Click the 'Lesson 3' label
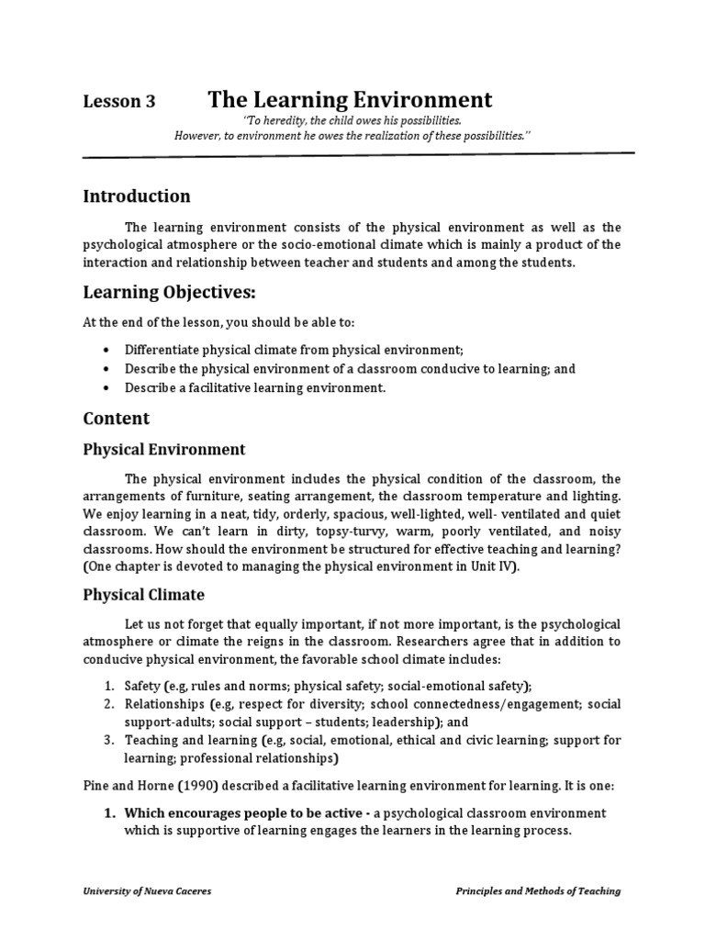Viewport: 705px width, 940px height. pyautogui.click(x=119, y=103)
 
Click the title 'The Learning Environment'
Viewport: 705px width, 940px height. pyautogui.click(x=350, y=99)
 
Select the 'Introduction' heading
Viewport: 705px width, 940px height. pyautogui.click(x=137, y=196)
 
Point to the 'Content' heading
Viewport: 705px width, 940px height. pyautogui.click(x=117, y=418)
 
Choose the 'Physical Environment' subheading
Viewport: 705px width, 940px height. pyautogui.click(x=164, y=449)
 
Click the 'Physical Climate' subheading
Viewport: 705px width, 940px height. pyautogui.click(x=143, y=594)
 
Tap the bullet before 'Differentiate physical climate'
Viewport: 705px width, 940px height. pyautogui.click(x=107, y=351)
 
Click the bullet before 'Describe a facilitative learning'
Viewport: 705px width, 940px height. pyautogui.click(x=107, y=387)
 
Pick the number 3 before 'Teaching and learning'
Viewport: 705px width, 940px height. pyautogui.click(x=106, y=740)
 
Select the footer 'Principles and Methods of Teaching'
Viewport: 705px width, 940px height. pyautogui.click(x=538, y=890)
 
